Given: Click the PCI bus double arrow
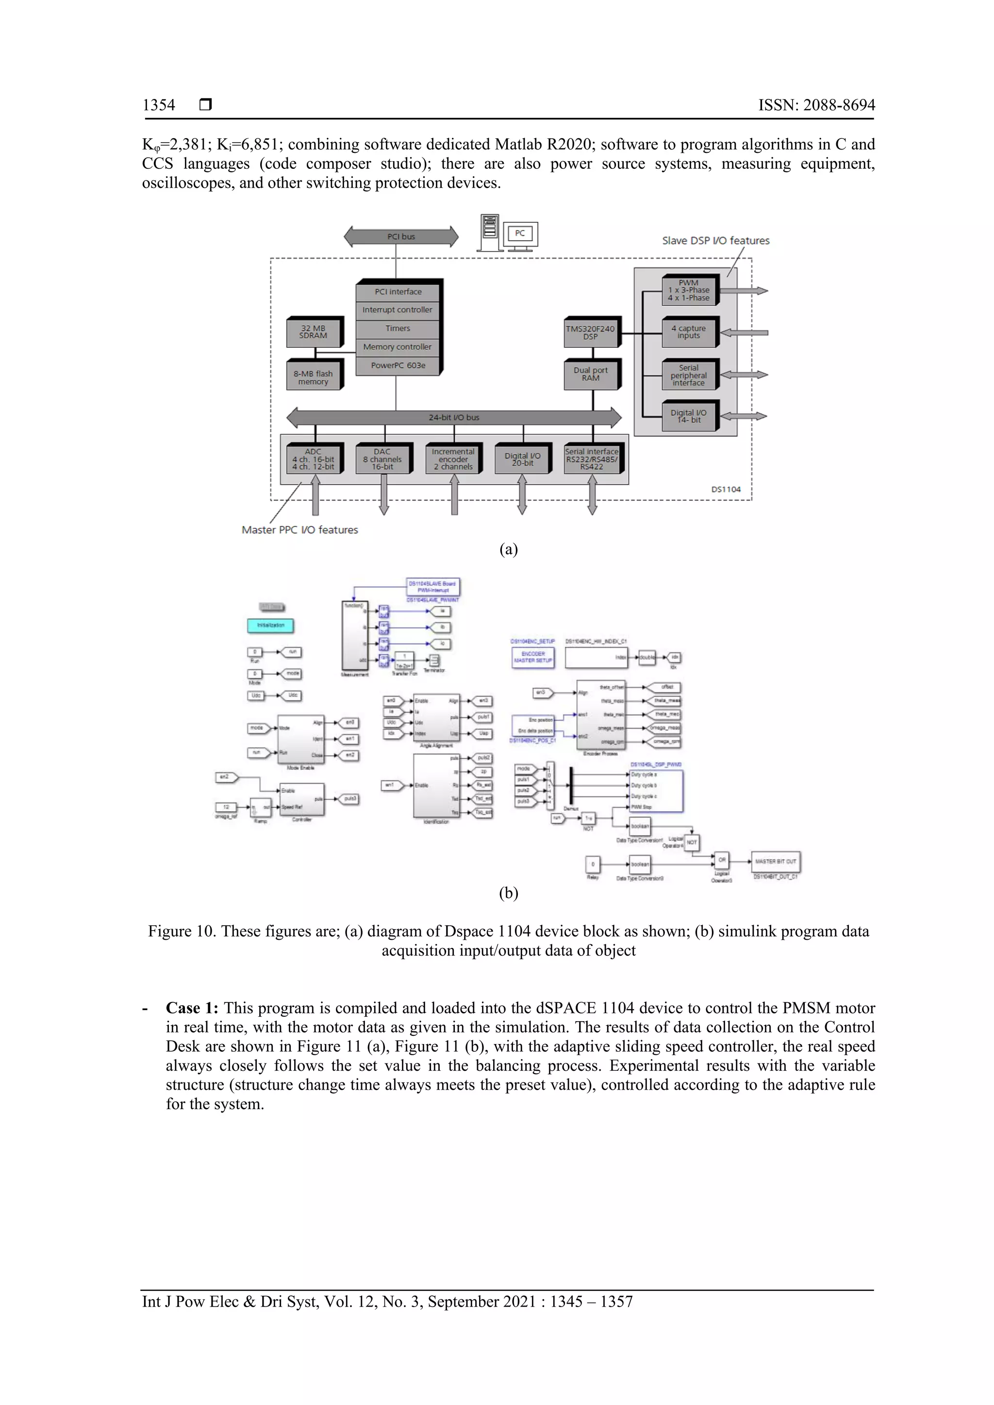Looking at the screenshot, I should [x=401, y=237].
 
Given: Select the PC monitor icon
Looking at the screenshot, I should [x=520, y=234].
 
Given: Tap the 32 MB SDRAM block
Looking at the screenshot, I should [x=314, y=332].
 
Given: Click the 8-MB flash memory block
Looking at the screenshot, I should [x=314, y=377].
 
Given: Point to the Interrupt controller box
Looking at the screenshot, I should [x=397, y=310].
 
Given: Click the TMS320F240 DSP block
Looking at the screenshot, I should [x=591, y=332].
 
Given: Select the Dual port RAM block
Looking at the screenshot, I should [x=591, y=374].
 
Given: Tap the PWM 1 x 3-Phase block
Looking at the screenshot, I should [x=689, y=291].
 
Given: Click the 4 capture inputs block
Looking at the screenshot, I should [x=689, y=332].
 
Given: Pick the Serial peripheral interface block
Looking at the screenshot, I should [x=689, y=375].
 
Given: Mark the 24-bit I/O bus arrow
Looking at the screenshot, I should [x=454, y=417].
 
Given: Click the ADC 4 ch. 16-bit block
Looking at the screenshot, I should [x=314, y=459].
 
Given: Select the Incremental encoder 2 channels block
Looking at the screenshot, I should [x=453, y=459].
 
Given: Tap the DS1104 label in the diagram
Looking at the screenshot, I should [x=726, y=490].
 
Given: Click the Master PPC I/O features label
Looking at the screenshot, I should [x=300, y=530].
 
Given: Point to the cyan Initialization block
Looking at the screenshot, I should [x=270, y=625].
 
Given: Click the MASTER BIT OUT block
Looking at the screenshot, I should [x=776, y=862].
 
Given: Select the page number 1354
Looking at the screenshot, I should [x=159, y=105].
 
